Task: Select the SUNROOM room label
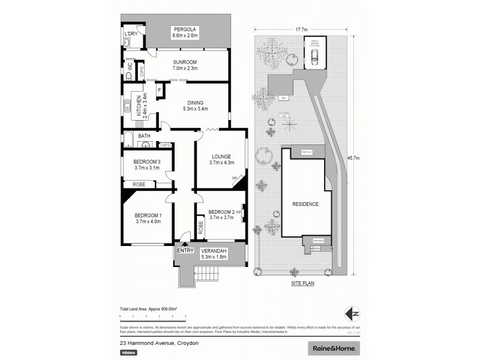coord(185,62)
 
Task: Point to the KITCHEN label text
coord(138,106)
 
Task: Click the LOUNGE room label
coord(221,157)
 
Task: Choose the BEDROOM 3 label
coord(147,161)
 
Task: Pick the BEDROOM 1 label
coord(147,215)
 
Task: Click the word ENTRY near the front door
coord(185,251)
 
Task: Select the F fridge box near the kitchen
coord(159,90)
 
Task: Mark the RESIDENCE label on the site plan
coord(305,205)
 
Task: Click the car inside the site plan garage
coord(314,57)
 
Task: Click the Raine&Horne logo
coord(334,348)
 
